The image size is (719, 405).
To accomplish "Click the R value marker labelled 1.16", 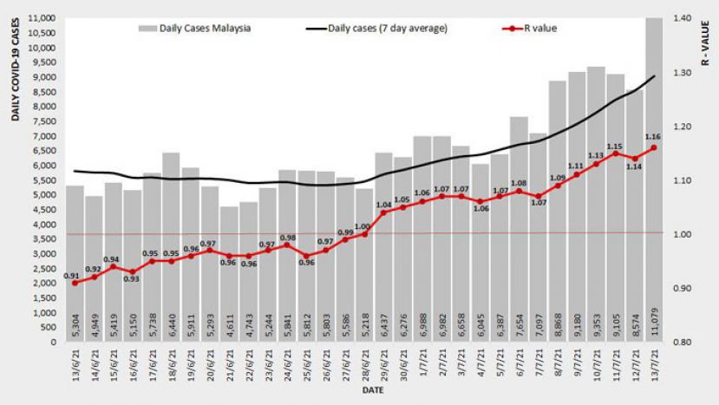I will [653, 147].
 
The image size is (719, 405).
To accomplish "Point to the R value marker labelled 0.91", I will [75, 283].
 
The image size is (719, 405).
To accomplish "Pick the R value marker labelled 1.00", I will [364, 234].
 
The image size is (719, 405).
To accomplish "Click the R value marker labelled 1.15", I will [615, 154].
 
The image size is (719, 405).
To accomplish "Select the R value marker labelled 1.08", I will [519, 191].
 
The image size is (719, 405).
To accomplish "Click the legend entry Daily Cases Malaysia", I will [195, 28].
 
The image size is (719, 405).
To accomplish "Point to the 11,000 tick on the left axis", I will [41, 18].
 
